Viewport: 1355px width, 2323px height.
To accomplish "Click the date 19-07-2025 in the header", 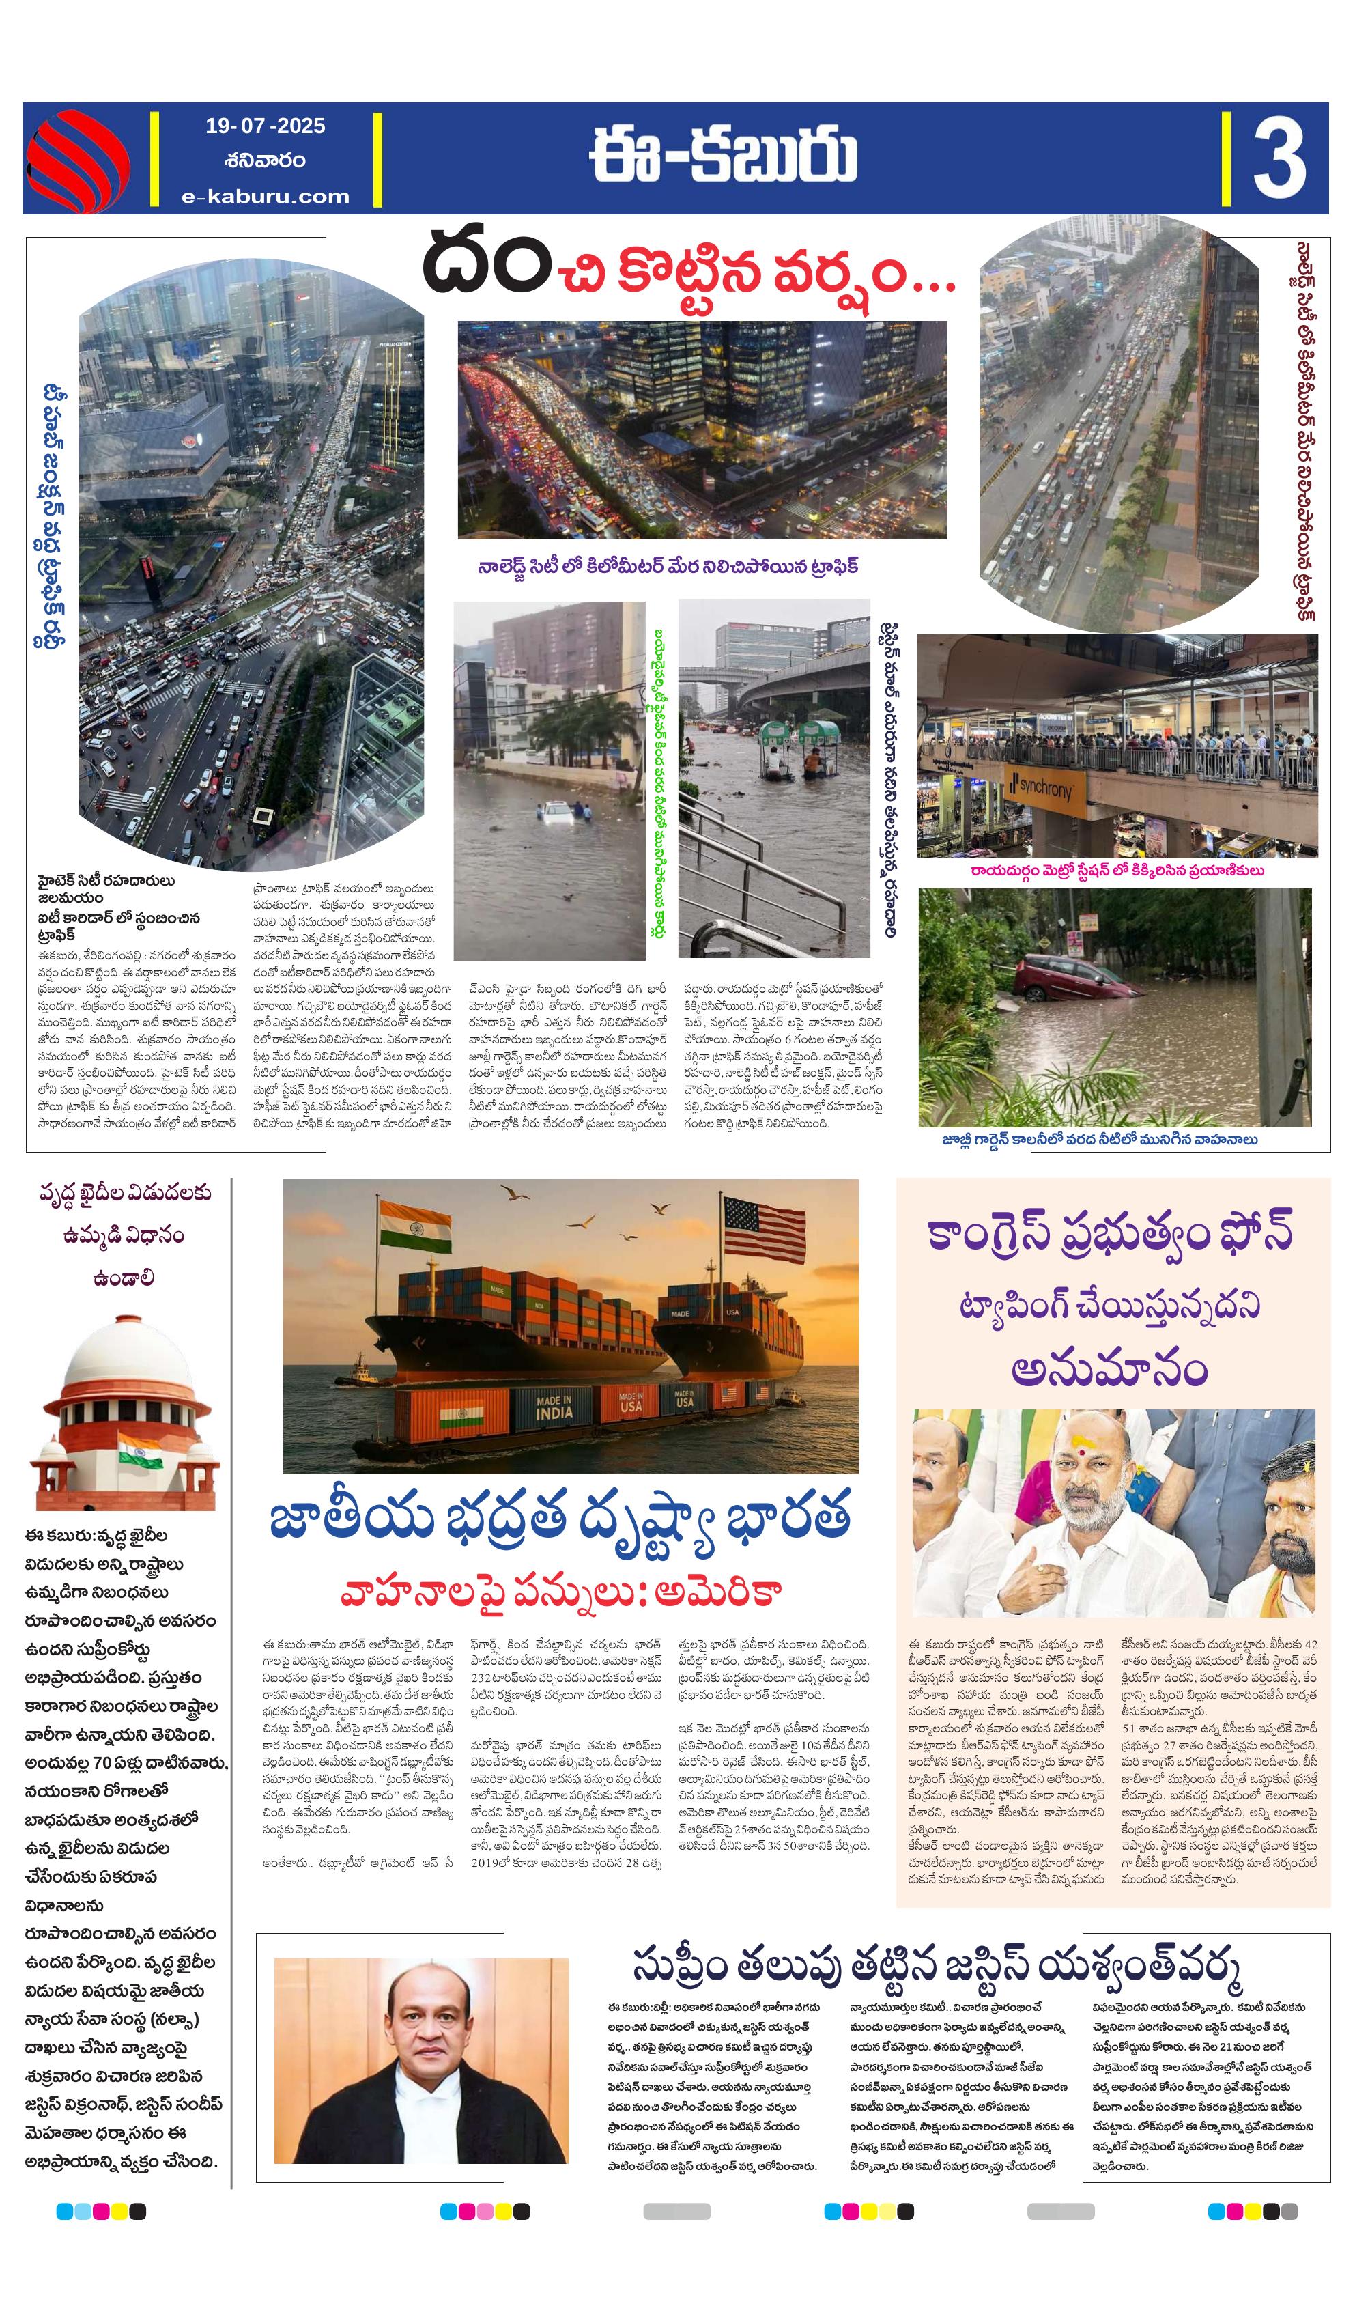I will coord(265,126).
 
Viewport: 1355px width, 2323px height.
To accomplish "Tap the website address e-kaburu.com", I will coord(266,197).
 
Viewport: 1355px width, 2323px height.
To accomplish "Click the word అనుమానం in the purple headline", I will coord(1109,1370).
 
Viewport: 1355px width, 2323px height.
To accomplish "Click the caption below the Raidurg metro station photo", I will coord(1116,870).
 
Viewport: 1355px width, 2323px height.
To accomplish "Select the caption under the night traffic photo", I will coord(668,566).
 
